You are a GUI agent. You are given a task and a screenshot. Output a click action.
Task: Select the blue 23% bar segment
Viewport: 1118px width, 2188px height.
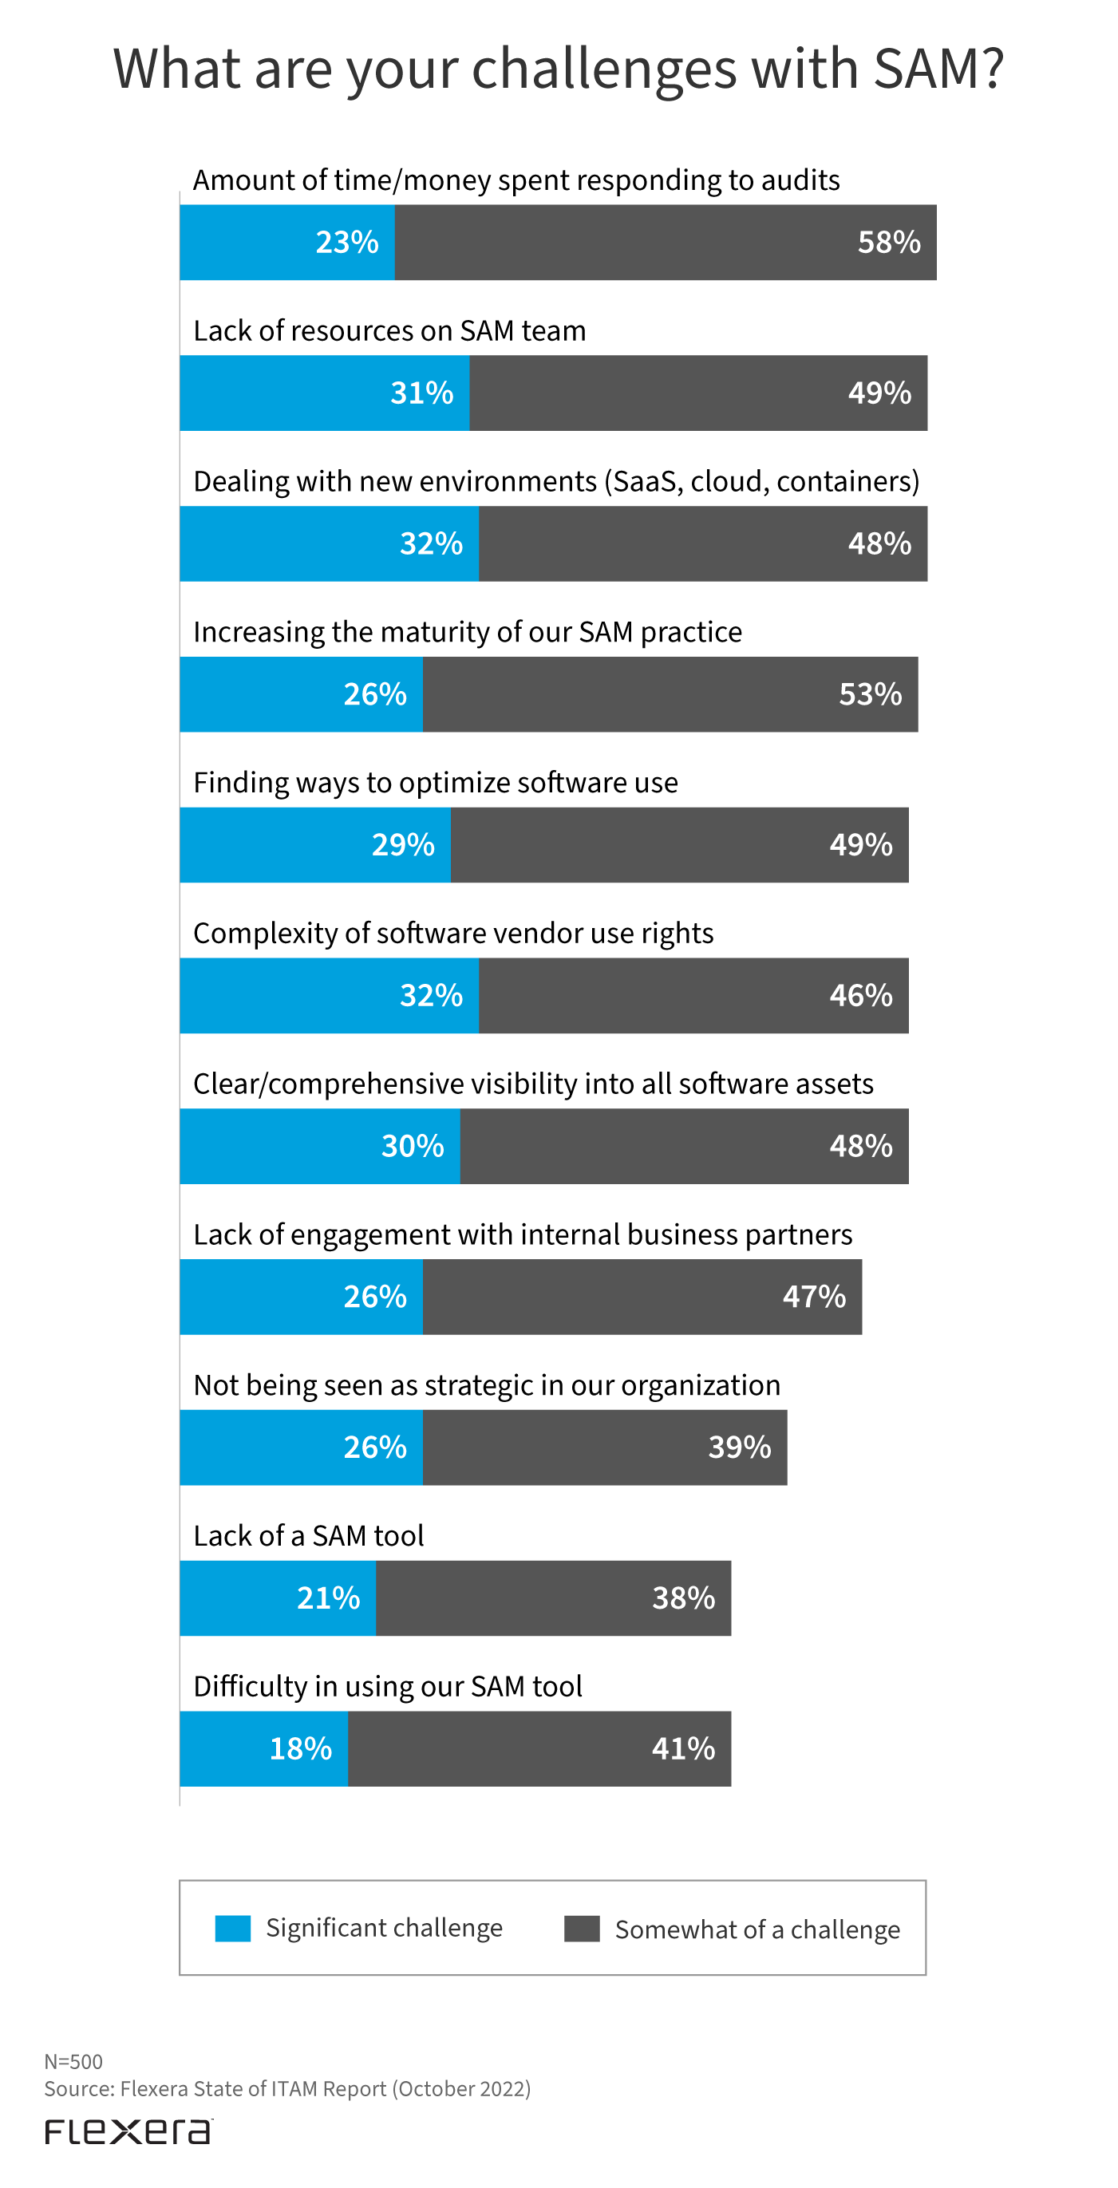pos(287,243)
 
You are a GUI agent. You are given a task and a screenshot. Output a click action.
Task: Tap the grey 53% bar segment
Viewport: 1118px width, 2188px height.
pos(670,694)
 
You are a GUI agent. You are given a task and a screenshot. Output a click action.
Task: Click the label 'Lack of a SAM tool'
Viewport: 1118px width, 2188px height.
pos(308,1536)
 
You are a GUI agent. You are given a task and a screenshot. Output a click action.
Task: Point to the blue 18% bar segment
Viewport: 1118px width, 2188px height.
pos(263,1749)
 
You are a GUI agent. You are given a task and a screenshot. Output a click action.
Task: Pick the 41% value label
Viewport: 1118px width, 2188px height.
pos(683,1749)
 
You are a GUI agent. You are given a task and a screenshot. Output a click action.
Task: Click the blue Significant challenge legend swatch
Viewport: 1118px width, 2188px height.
pos(233,1928)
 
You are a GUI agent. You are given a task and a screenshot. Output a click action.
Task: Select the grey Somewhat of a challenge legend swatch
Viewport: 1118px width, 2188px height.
pos(582,1928)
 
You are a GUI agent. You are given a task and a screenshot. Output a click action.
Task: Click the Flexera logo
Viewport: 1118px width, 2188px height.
pos(128,2131)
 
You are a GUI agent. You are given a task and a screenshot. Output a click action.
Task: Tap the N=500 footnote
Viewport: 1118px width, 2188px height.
pos(74,2061)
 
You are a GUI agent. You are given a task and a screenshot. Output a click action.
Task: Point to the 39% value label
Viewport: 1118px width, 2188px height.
pos(739,1447)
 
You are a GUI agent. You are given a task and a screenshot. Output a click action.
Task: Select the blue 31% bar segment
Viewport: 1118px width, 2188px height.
pos(325,393)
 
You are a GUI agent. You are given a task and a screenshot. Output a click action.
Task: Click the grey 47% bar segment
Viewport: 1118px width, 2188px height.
pos(642,1297)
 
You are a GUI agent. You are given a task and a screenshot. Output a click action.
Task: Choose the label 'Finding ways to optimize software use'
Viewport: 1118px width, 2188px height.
pos(436,782)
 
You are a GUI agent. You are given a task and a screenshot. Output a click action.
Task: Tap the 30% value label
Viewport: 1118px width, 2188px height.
pos(412,1147)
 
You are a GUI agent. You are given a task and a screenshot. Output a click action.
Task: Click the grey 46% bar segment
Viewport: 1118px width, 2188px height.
pos(693,996)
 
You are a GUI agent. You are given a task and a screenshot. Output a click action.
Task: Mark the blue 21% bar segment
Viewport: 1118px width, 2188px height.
pos(278,1598)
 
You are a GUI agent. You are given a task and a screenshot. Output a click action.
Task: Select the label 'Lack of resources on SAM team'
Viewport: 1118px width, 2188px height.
pos(389,330)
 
